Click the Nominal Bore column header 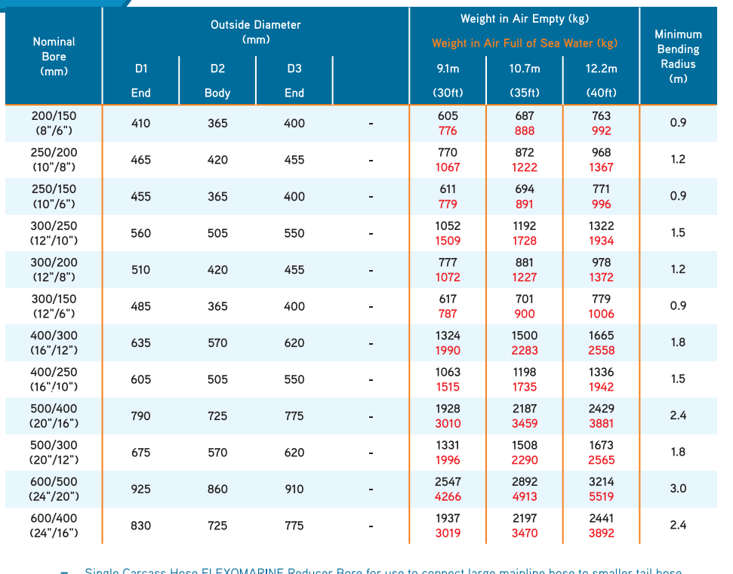[54, 57]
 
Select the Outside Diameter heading [255, 32]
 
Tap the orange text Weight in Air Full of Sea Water [525, 44]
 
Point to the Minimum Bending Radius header [678, 57]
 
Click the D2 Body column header [217, 81]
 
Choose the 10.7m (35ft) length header [525, 81]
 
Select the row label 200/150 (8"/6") [54, 123]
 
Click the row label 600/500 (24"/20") [54, 489]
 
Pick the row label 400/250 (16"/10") [54, 379]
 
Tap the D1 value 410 [141, 123]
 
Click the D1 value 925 [141, 489]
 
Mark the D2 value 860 [217, 489]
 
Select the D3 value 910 [294, 489]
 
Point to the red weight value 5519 [601, 496]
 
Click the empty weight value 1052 [448, 226]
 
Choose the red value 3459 [525, 423]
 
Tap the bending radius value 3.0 [678, 489]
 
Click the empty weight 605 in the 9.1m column [448, 116]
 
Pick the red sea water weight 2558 [601, 350]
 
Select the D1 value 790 [141, 416]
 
